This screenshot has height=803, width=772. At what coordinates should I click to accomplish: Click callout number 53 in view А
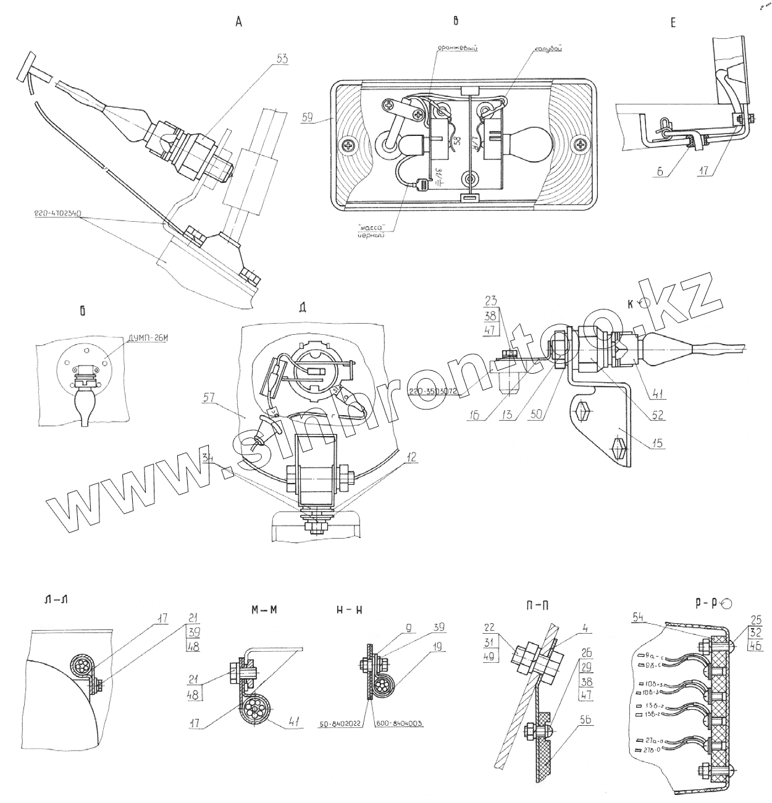click(283, 59)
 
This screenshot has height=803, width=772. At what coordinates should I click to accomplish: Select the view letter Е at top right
click(673, 23)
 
